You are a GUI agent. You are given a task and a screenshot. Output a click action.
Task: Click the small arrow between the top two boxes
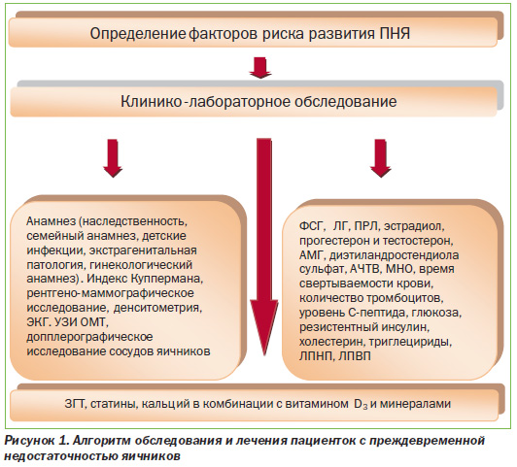point(260,68)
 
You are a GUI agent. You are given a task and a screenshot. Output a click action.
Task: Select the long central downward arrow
point(263,247)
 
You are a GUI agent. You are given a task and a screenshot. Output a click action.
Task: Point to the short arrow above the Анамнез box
point(113,158)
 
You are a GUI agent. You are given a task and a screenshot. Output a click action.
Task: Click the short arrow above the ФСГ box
point(381,158)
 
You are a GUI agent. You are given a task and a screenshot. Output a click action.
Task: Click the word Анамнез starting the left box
point(52,221)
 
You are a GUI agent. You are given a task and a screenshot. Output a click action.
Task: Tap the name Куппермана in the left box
point(167,280)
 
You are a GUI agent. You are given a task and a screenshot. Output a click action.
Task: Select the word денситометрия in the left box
point(157,309)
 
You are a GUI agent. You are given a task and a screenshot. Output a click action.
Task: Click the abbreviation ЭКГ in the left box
point(37,322)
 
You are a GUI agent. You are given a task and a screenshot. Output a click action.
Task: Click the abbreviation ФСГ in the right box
point(312,226)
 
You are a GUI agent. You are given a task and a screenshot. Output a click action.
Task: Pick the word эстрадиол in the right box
point(414,226)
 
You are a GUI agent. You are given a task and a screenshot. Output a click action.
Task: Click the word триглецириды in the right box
point(410,342)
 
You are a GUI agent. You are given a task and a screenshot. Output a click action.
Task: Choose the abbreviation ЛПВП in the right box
point(354,356)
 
